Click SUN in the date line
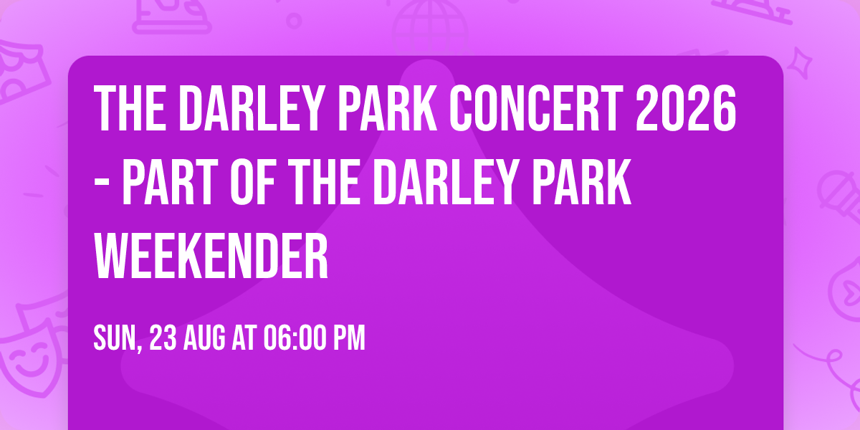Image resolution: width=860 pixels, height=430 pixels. point(115,338)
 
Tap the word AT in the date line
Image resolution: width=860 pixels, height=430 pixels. point(245,338)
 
